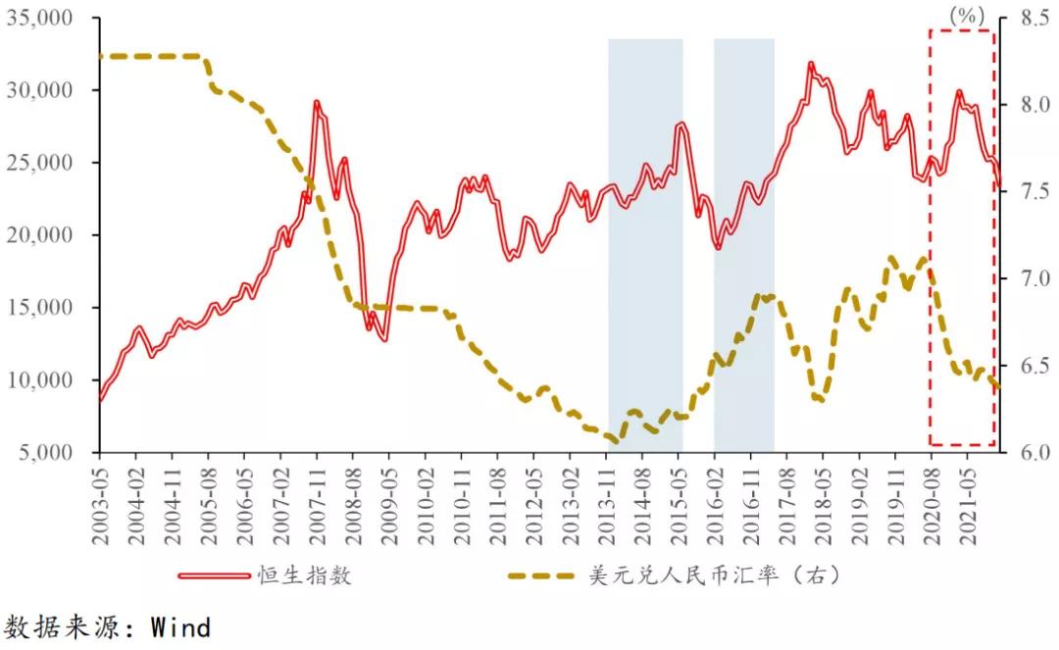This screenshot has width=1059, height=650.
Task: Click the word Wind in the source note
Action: pos(180,627)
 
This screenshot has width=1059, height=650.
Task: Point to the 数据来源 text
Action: pos(59,627)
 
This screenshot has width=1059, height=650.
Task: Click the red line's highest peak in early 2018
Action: pos(811,65)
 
